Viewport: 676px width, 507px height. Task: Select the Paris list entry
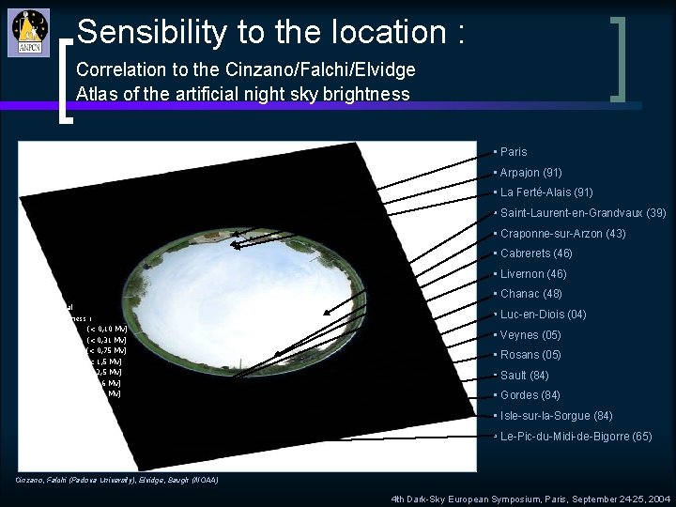pyautogui.click(x=514, y=152)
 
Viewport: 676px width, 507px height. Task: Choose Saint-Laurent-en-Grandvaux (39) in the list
pyautogui.click(x=583, y=213)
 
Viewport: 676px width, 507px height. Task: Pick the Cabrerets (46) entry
pyautogui.click(x=536, y=253)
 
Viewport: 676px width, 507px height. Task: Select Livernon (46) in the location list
pyautogui.click(x=534, y=274)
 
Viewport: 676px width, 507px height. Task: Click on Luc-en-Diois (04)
pyautogui.click(x=543, y=315)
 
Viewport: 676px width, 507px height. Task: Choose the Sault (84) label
pyautogui.click(x=526, y=376)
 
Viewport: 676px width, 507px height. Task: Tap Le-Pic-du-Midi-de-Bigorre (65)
pyautogui.click(x=576, y=437)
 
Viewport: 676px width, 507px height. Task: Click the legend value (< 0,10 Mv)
pyautogui.click(x=106, y=329)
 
